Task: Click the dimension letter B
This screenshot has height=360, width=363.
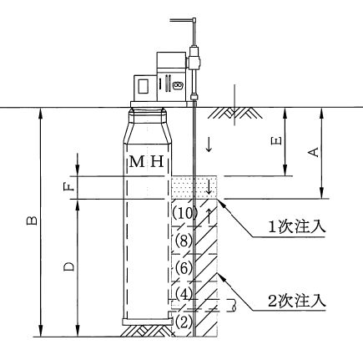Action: pos(32,220)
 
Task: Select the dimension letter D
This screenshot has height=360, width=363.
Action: pos(68,266)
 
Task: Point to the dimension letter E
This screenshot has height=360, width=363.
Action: pos(276,141)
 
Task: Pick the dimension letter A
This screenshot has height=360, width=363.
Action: pos(313,152)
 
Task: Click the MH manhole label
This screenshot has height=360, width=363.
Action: pos(147,161)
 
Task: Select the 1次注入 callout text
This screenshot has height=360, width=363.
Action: pos(296,227)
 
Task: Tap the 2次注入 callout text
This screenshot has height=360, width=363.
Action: pos(296,301)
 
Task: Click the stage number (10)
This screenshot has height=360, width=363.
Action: pos(185,214)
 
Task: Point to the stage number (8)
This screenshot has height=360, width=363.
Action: pos(183,241)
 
